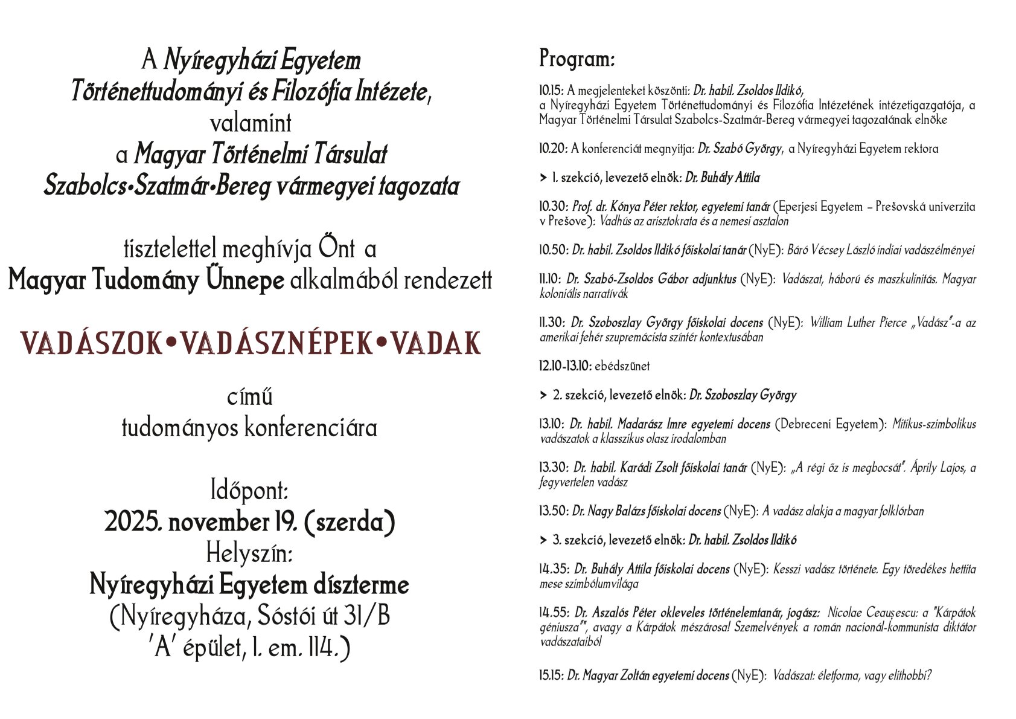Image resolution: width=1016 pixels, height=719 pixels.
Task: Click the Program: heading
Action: (577, 59)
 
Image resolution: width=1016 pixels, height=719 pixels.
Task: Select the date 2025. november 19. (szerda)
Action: (250, 521)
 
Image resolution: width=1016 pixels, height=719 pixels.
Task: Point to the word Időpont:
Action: (250, 490)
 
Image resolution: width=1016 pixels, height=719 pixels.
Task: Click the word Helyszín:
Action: (250, 552)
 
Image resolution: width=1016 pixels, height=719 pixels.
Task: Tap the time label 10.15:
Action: (552, 91)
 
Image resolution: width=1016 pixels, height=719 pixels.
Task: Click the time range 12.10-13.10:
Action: (565, 366)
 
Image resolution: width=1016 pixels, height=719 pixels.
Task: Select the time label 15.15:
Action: (551, 675)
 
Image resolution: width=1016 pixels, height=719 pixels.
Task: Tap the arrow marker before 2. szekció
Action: (543, 395)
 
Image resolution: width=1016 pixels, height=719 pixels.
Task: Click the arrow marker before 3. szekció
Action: (543, 540)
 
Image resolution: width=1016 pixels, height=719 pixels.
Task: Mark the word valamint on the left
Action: (250, 123)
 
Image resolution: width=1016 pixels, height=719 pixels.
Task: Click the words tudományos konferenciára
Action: (250, 428)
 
